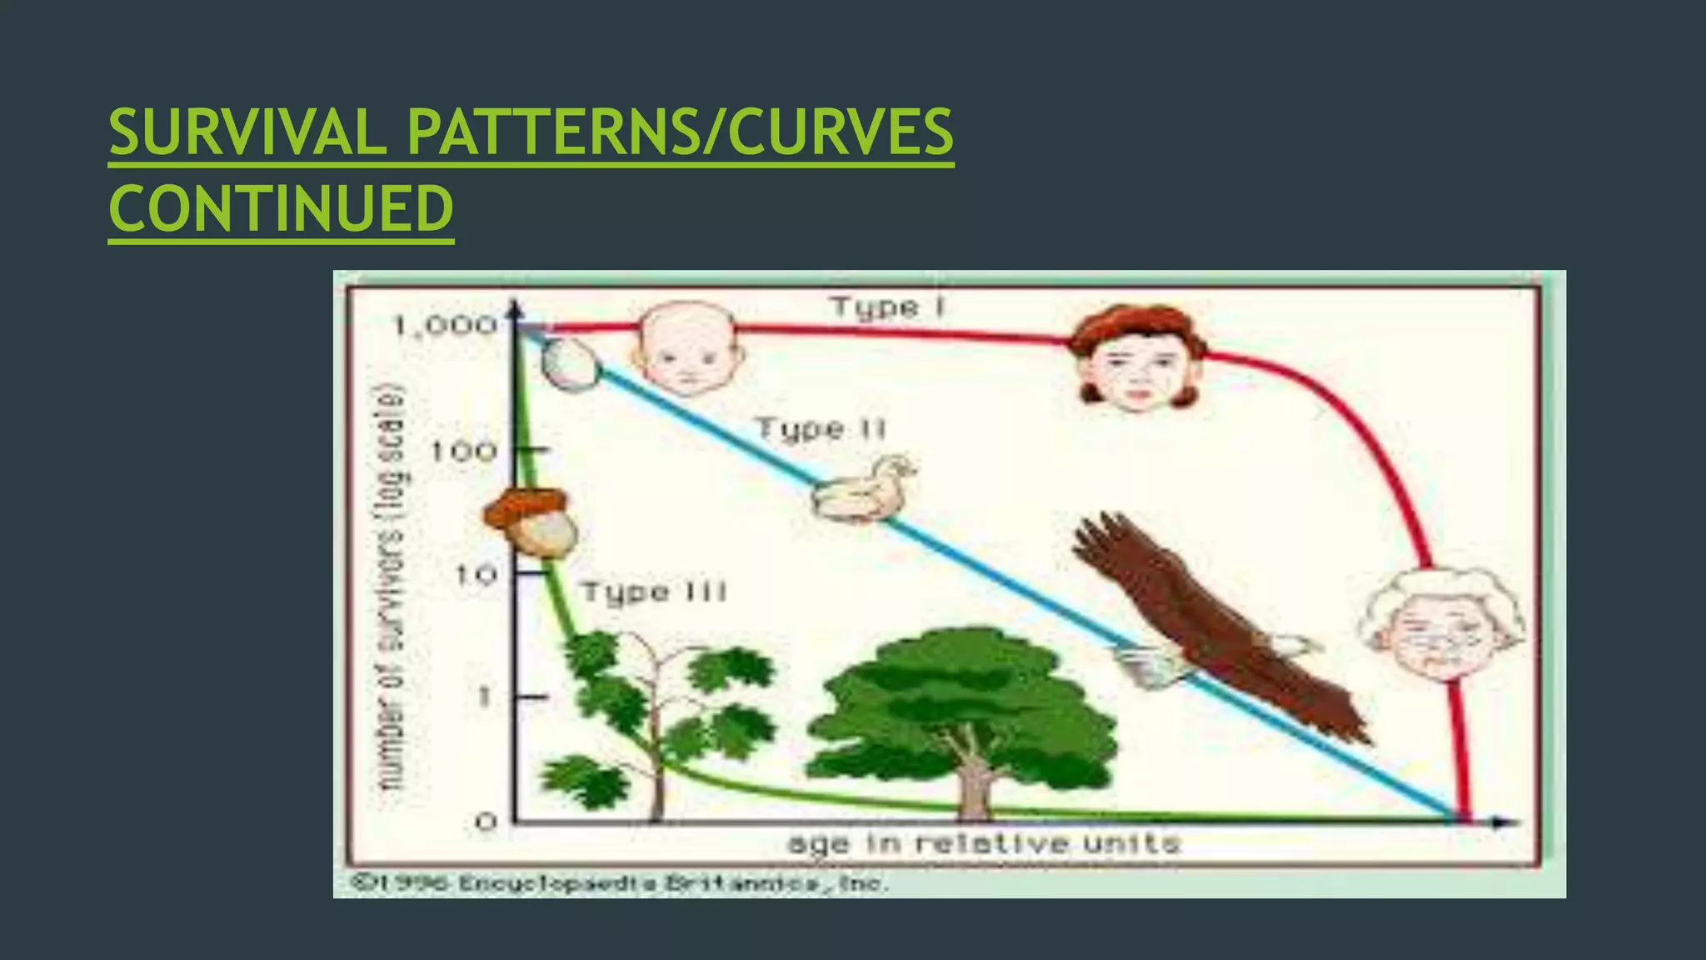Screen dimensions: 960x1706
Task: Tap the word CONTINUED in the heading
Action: click(281, 208)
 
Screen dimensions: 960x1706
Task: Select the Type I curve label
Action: click(888, 308)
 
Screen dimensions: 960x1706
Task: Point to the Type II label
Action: click(821, 430)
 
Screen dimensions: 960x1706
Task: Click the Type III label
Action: click(654, 592)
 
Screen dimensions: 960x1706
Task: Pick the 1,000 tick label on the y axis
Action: click(446, 326)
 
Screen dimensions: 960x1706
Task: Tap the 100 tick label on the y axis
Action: click(463, 452)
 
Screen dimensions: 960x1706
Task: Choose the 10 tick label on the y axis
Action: click(476, 574)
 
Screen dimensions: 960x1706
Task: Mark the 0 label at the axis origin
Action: click(486, 822)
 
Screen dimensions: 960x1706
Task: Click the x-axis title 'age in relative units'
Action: click(984, 844)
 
